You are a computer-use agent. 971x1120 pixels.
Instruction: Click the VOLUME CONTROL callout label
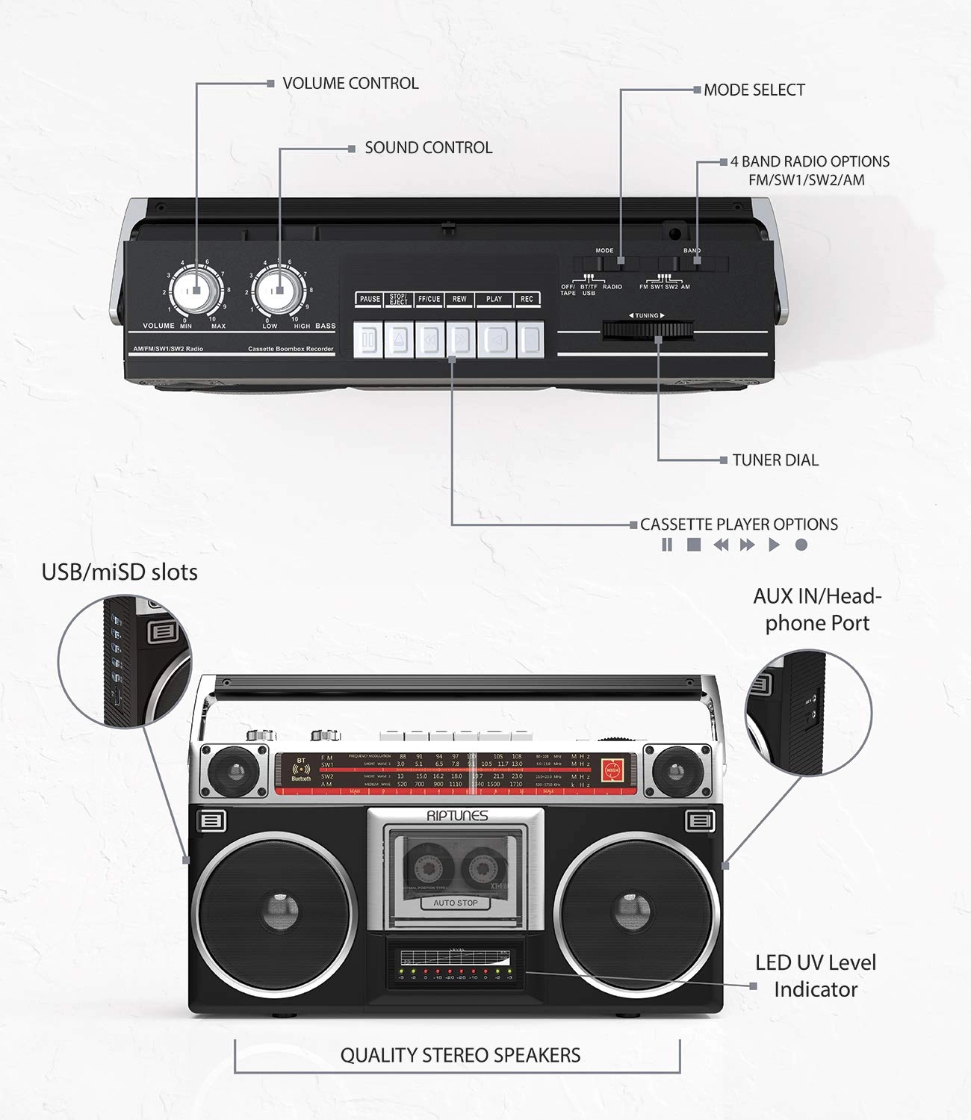tap(350, 83)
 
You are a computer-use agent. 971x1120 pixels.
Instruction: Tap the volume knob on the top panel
tap(195, 292)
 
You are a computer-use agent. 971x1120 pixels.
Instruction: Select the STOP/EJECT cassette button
tap(399, 340)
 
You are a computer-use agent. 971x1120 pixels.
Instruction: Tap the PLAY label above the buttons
tap(494, 299)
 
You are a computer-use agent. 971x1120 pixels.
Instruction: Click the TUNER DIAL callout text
tap(775, 460)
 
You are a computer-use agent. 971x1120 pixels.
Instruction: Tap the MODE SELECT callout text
tap(754, 90)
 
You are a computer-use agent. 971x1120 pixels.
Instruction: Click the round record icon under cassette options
tap(801, 545)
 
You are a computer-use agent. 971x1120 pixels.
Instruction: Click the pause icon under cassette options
tap(667, 545)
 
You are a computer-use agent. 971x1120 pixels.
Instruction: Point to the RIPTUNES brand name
tap(457, 816)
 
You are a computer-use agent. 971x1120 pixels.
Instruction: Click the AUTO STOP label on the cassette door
tap(456, 903)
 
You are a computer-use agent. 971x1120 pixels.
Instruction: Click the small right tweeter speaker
tap(675, 772)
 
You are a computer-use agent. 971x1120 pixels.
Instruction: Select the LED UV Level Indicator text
tap(815, 976)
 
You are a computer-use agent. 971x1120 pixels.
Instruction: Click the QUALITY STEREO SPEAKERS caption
tap(460, 1055)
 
